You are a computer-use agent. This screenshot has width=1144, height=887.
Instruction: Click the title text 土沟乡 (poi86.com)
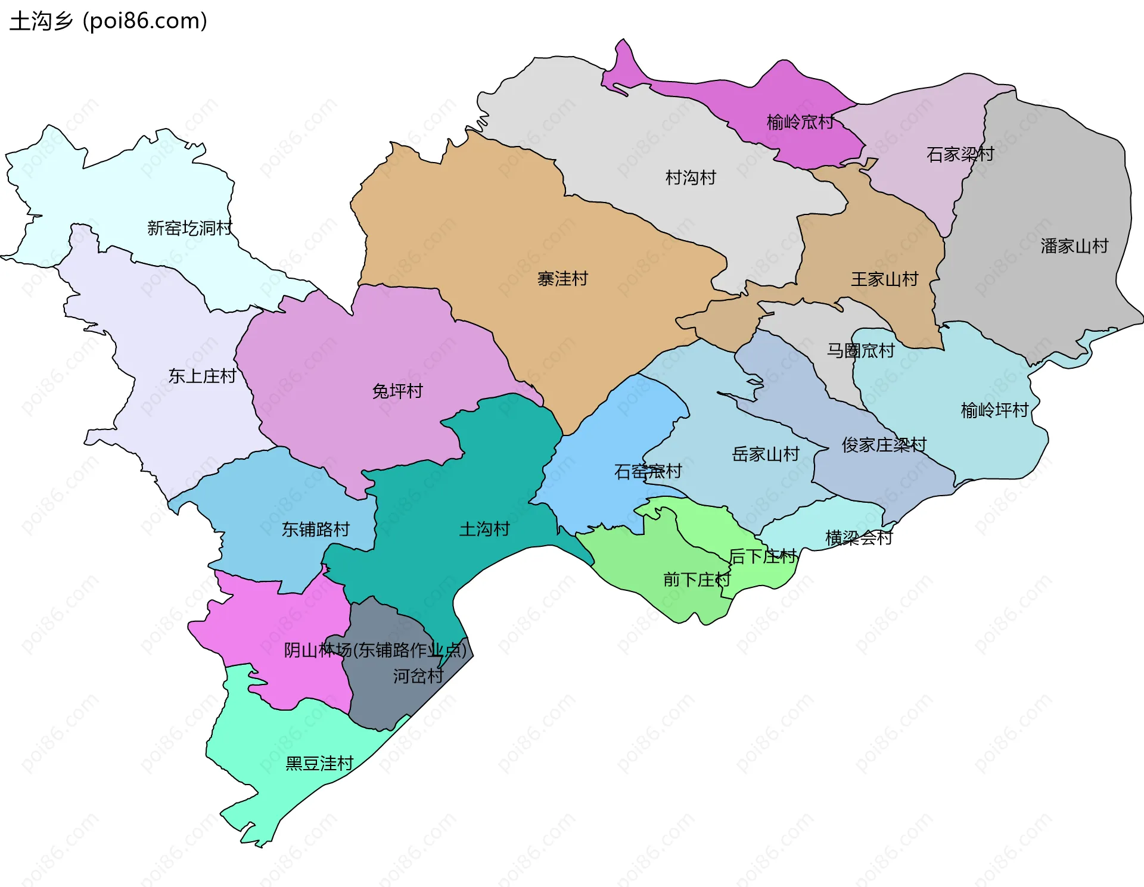[x=108, y=21]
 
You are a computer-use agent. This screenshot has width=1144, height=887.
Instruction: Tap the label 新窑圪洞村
[x=189, y=228]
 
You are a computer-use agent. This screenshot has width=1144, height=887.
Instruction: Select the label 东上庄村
[x=202, y=376]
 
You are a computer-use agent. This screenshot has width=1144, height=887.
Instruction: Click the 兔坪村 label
[x=397, y=391]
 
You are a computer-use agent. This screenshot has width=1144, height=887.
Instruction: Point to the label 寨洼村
[x=562, y=279]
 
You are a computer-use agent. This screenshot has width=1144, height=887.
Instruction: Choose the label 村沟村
[x=691, y=178]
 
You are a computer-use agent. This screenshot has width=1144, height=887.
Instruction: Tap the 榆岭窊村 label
[x=800, y=122]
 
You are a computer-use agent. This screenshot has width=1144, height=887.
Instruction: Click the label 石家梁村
[x=960, y=154]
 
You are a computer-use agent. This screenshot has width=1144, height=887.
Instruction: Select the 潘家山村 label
[x=1074, y=246]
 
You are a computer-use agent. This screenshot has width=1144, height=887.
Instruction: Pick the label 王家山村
[x=884, y=279]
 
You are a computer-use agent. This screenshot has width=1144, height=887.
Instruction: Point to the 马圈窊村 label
[x=860, y=350]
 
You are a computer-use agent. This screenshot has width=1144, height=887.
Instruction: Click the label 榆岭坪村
[x=994, y=410]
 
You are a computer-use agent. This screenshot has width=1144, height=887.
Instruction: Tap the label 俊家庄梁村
[x=884, y=444]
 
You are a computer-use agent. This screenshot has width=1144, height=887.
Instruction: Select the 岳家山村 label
[x=766, y=455]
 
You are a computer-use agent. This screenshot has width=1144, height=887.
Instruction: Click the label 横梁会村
[x=859, y=538]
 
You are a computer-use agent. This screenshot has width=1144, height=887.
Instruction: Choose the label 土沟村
[x=484, y=529]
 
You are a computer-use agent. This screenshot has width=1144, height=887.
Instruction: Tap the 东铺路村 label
[x=315, y=529]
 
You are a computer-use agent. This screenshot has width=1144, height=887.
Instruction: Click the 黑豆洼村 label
[x=319, y=763]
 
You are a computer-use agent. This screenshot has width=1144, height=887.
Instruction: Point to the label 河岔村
[x=418, y=676]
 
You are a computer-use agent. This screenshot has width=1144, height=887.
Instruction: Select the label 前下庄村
[x=697, y=580]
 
